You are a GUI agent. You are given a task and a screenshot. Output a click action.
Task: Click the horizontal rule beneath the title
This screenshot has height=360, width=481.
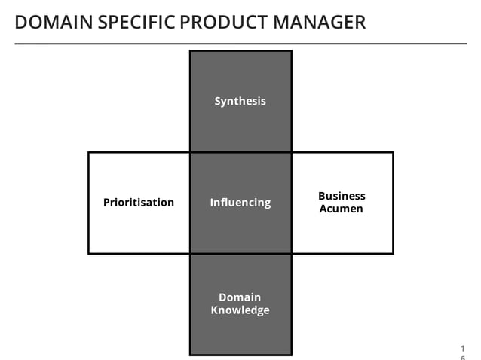pos(240,44)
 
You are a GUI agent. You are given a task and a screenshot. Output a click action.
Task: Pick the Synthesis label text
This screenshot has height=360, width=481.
pos(240,101)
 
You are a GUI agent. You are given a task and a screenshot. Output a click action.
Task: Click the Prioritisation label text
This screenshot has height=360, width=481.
pos(138,203)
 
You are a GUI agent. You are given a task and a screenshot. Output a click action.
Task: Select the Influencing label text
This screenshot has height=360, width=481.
pos(240,203)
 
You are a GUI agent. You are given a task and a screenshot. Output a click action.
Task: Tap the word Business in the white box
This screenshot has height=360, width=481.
pos(342,196)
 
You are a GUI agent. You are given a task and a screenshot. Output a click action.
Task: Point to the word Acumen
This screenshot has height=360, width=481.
pos(342,209)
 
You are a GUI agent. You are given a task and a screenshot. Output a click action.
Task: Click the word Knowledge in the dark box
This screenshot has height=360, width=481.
pos(240,310)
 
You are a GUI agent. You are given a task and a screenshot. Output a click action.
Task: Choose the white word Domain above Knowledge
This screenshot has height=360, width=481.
pos(240,297)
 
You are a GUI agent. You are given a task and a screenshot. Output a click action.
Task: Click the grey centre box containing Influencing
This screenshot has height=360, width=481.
pos(240,226)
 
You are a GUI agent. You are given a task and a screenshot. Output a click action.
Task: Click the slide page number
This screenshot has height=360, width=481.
pos(462,351)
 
